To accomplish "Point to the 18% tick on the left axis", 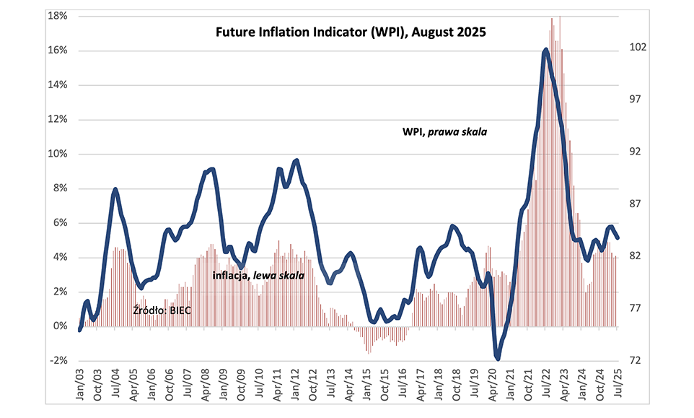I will [x=57, y=16].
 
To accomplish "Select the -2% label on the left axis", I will [x=57, y=361].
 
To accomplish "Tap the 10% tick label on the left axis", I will [x=57, y=154].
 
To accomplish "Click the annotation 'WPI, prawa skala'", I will [x=444, y=132].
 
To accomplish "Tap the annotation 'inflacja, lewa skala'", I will [x=258, y=276].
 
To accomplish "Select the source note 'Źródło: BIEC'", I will [x=163, y=310].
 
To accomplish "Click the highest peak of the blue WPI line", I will [x=545, y=50].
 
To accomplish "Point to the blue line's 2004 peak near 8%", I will [x=115, y=189].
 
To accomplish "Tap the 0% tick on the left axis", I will [x=58, y=326].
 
